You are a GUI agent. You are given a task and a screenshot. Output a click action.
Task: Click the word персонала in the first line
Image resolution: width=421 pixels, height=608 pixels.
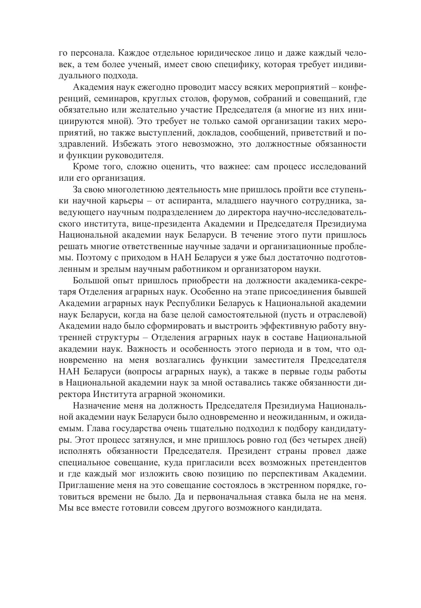click(x=92, y=53)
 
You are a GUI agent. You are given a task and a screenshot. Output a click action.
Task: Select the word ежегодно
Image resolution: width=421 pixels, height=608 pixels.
click(x=153, y=87)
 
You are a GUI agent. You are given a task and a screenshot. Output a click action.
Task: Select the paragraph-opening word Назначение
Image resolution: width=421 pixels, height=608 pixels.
click(x=95, y=406)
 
